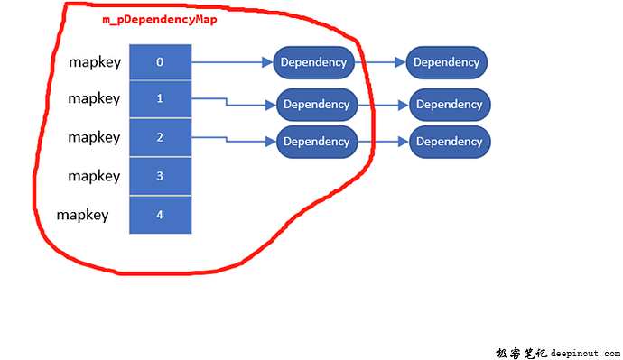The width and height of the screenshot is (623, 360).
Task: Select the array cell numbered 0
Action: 160,62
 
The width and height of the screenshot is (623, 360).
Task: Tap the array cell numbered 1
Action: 160,99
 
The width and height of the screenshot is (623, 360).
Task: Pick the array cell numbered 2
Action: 160,137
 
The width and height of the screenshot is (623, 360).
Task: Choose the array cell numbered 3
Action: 160,176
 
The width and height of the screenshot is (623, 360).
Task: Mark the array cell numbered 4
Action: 160,215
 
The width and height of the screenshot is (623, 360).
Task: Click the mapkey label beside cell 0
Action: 94,63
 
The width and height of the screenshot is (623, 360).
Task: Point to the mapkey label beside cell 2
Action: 94,138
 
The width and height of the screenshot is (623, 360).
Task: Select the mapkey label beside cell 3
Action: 94,177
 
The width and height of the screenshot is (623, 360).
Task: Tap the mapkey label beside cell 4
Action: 82,215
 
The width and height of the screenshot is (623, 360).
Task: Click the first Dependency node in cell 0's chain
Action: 313,62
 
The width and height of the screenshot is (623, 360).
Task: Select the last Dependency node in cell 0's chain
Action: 447,62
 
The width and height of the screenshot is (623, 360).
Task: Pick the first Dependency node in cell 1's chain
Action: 316,104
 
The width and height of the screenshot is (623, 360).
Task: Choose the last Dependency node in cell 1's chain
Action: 450,104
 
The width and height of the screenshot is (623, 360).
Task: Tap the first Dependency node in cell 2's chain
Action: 316,142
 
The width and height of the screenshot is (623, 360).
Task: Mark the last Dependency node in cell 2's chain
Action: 450,142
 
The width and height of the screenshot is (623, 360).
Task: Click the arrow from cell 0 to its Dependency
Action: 231,62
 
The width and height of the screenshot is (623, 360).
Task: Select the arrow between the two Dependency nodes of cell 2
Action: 384,142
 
